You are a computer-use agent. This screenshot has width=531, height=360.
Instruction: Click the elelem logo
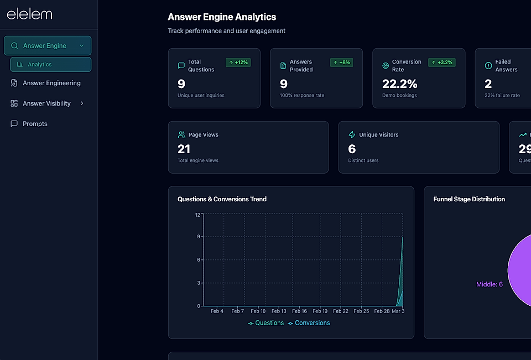tap(29, 14)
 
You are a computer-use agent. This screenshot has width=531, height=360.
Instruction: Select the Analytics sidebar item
tap(40, 65)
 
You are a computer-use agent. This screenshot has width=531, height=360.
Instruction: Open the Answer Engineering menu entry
tap(51, 83)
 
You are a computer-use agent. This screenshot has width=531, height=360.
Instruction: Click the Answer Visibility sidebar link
tap(46, 103)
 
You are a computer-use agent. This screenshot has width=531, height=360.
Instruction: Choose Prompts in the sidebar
tap(35, 124)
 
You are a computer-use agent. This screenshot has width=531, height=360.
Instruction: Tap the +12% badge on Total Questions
tap(238, 62)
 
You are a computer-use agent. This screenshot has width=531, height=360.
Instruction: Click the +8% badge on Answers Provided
tap(341, 62)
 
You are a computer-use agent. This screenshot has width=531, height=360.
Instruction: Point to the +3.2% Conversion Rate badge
tap(442, 62)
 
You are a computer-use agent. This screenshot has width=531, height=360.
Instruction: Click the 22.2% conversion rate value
tap(399, 84)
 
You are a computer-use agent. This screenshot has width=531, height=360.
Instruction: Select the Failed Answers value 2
tap(488, 84)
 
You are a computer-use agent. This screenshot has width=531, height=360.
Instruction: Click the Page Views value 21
tap(184, 149)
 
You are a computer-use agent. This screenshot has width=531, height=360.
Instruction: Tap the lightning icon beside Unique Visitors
tap(352, 135)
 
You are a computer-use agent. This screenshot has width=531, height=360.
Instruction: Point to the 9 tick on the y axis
tap(199, 237)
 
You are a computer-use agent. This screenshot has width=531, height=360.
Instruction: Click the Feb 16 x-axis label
tap(299, 311)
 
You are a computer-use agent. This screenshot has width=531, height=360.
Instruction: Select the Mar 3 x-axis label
tap(398, 311)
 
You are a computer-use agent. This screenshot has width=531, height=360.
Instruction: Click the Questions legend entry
tap(266, 323)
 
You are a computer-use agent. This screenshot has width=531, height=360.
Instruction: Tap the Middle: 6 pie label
tap(489, 284)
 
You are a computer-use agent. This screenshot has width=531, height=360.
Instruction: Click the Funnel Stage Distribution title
tap(468, 199)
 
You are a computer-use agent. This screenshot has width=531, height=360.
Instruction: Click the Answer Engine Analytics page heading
tap(222, 17)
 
